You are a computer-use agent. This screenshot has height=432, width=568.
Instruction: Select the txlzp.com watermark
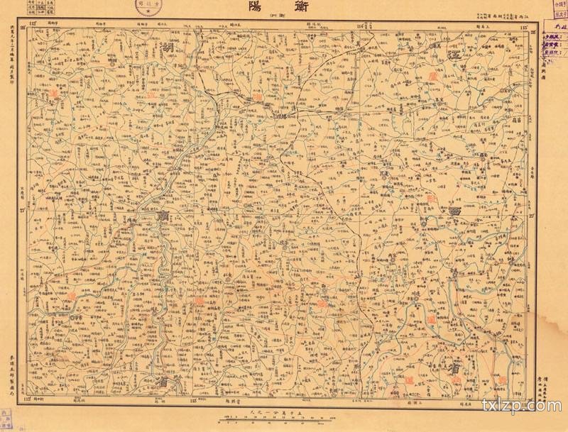[x=530, y=406]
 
